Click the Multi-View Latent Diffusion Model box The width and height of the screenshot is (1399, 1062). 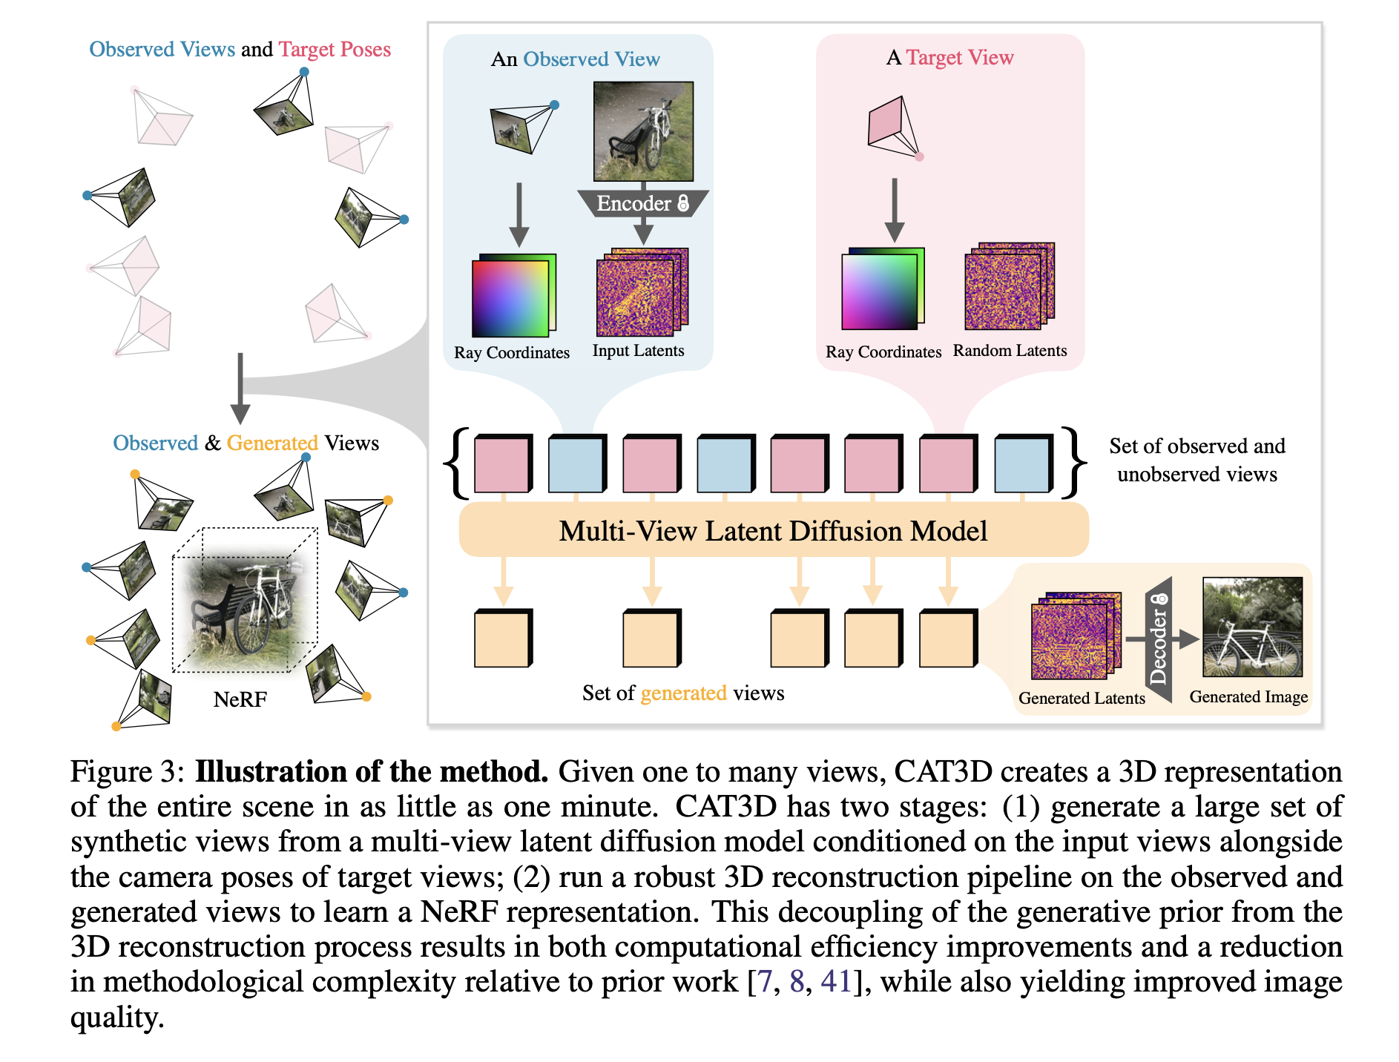[x=774, y=530]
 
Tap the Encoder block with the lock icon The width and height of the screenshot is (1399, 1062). [x=643, y=203]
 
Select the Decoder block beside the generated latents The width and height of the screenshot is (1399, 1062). [x=1159, y=639]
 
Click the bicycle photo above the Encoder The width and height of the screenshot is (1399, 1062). [x=643, y=131]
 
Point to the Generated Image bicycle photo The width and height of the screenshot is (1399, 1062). [x=1252, y=627]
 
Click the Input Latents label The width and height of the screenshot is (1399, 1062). [x=638, y=351]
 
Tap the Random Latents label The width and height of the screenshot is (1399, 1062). [x=1010, y=351]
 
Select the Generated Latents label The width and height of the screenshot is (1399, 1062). [x=1082, y=698]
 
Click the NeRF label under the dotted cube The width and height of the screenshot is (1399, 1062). [x=240, y=699]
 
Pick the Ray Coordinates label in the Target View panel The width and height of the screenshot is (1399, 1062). [x=883, y=352]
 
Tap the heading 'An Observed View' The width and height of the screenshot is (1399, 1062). [x=575, y=59]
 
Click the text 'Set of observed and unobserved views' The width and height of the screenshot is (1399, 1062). [x=1197, y=460]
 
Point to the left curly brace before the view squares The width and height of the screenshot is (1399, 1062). [x=455, y=463]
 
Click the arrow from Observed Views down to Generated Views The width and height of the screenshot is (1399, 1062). [x=240, y=389]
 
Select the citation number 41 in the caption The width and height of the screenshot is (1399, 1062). [x=836, y=981]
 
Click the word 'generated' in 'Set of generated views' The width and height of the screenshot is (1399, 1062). [x=683, y=693]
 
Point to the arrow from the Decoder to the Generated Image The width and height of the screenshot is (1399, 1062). [x=1185, y=639]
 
